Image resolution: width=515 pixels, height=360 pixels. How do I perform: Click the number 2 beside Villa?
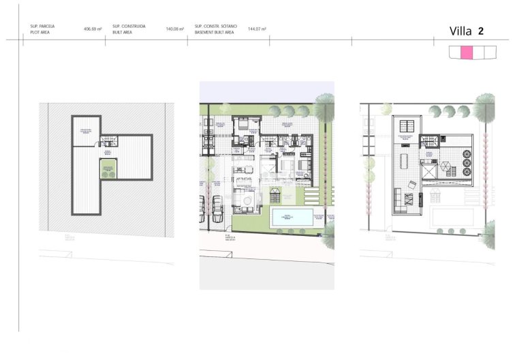point(481,31)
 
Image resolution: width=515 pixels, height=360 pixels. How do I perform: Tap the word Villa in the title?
point(461,31)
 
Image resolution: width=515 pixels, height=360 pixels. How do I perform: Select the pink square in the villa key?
point(467,52)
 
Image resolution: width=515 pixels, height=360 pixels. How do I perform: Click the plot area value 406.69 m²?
point(93,29)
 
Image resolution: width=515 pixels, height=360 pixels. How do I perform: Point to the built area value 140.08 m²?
point(176,29)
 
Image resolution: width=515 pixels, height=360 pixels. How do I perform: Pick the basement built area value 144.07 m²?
point(257,29)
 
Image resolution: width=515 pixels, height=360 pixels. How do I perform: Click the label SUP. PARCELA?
point(42,26)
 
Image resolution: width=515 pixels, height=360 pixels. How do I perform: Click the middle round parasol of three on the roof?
point(467,164)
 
